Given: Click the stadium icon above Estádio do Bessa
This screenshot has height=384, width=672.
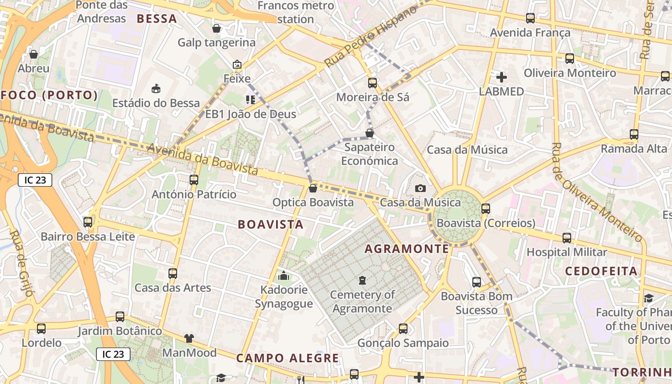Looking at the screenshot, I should point(156,89).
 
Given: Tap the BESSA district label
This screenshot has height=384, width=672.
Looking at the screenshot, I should point(156,19).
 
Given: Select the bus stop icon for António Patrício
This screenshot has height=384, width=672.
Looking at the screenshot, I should point(194,180).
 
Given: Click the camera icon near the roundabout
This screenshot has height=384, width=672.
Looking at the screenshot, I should point(420,188).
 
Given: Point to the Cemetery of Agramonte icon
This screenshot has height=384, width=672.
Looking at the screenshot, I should point(362,280).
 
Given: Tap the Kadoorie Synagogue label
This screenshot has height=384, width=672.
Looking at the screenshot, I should point(284,297).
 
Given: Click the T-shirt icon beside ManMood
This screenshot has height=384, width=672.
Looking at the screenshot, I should point(189,338).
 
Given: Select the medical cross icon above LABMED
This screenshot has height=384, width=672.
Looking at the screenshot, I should point(502,77).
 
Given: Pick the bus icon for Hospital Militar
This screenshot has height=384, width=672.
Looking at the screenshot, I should point(567,238).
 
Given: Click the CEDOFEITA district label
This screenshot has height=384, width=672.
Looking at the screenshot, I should point(601,271).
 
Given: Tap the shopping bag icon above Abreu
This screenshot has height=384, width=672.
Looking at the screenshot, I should point(34,54).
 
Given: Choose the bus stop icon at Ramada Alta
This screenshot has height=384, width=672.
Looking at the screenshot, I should point(634,134).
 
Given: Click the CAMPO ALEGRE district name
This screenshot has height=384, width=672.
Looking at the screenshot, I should point(288,358).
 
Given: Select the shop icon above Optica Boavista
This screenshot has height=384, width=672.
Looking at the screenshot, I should point(313,188).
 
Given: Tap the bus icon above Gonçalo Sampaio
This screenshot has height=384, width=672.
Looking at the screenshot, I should point(403,329).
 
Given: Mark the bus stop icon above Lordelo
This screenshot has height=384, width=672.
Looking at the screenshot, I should point(41,329).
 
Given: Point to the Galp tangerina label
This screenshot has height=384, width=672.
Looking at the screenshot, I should point(216,43).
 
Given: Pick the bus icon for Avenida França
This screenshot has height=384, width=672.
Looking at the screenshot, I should point(530,18).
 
